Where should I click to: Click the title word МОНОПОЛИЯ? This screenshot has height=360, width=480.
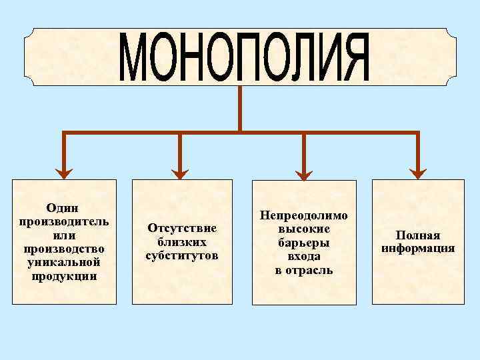pos(246,57)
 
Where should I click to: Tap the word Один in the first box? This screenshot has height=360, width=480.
pos(64,208)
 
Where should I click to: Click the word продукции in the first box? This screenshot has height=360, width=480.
pos(64,276)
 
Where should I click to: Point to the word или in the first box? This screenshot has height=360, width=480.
pos(64,235)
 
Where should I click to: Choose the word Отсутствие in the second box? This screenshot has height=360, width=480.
pos(182,229)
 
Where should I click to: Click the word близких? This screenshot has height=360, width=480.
pos(182,242)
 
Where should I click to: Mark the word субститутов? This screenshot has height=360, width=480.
pos(182,255)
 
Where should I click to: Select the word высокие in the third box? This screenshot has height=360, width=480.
pos(304,229)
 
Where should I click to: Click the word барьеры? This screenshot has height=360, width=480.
pos(304,243)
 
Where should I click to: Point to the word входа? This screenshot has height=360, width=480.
pos(304,256)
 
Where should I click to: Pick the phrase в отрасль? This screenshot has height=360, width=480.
pos(304,270)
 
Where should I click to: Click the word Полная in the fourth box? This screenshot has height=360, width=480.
pos(418,235)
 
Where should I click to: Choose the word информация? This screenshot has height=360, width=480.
pos(418,249)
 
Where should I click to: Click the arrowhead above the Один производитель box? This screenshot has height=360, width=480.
pos(64,172)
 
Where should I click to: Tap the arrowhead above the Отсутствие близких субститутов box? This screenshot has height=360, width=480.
pos(180,172)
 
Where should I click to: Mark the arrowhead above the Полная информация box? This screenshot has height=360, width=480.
pos(418,172)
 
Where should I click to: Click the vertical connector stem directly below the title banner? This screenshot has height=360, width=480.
pos(240,108)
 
